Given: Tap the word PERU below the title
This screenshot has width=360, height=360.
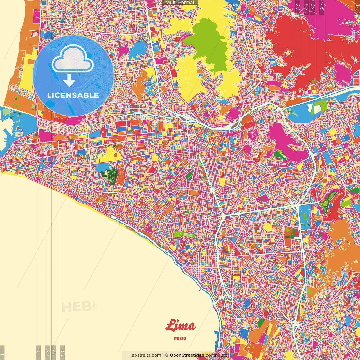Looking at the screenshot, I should [x=180, y=338].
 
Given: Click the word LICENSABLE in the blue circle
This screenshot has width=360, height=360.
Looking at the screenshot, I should [x=73, y=95].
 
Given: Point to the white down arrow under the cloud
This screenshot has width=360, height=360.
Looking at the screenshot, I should [x=69, y=81].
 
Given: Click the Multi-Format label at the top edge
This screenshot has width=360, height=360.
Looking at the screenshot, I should [x=180, y=3].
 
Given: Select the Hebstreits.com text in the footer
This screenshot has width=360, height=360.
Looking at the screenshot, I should [x=145, y=355].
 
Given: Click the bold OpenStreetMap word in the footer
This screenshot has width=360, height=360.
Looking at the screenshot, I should [x=187, y=355].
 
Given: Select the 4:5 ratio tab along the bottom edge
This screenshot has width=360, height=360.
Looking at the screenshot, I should [x=38, y=352].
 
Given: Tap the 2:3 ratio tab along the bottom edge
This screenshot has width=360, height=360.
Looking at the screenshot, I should [x=62, y=352].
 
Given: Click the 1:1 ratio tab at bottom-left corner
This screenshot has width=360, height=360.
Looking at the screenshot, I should [x=2, y=352].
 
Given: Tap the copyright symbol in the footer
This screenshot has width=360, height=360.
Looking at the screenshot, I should [x=166, y=355].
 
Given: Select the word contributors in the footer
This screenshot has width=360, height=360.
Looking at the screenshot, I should [x=218, y=355].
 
